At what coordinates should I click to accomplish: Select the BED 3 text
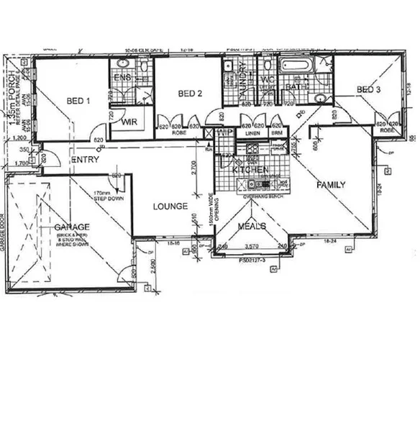click(368, 89)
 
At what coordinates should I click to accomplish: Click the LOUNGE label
click(170, 207)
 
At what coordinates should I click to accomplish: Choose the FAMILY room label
click(332, 185)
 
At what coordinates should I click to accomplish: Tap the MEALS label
click(252, 226)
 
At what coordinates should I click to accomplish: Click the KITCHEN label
click(250, 169)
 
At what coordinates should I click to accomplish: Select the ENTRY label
click(84, 160)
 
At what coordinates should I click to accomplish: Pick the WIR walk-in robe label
click(129, 122)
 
